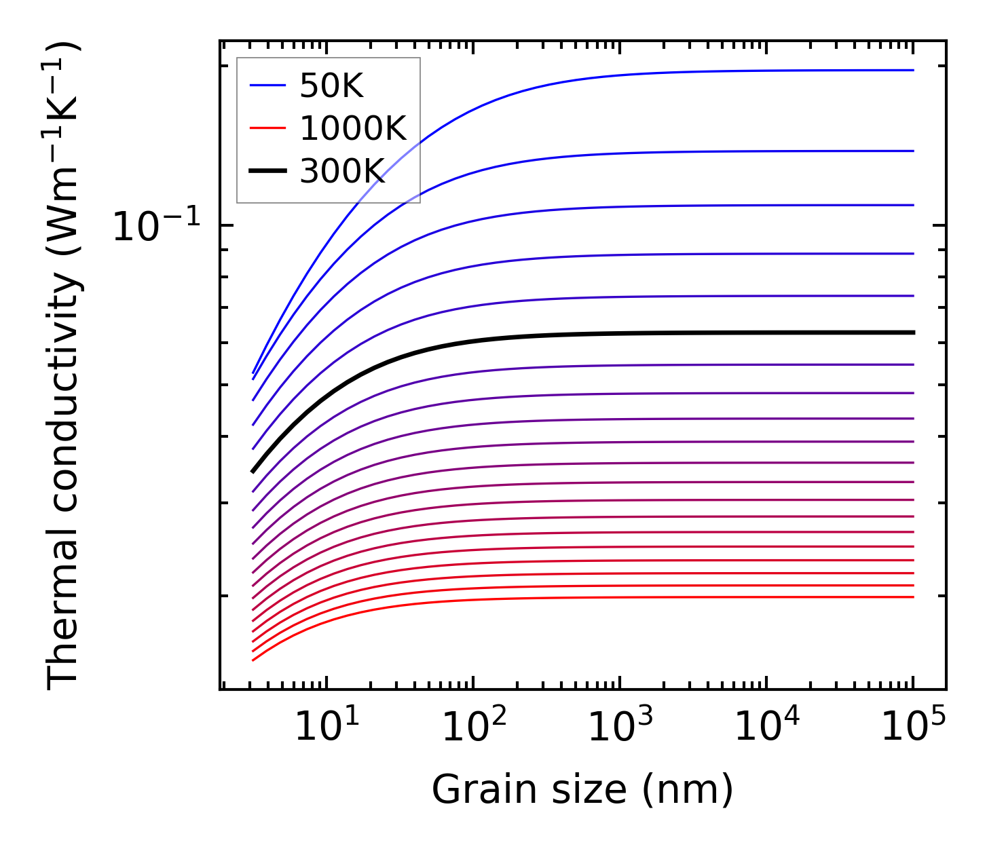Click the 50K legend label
click(x=332, y=86)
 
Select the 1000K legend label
click(x=352, y=128)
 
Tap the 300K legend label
click(x=342, y=172)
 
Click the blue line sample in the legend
click(x=268, y=86)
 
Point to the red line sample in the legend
click(x=268, y=128)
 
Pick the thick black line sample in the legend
click(x=268, y=172)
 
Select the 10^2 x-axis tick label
click(x=474, y=728)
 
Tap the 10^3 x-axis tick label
click(x=620, y=728)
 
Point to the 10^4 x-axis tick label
click(x=767, y=728)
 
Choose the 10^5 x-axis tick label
click(x=914, y=728)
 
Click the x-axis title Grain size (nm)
click(x=582, y=791)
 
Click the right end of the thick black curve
click(x=914, y=333)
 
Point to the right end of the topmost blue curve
click(x=914, y=70)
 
